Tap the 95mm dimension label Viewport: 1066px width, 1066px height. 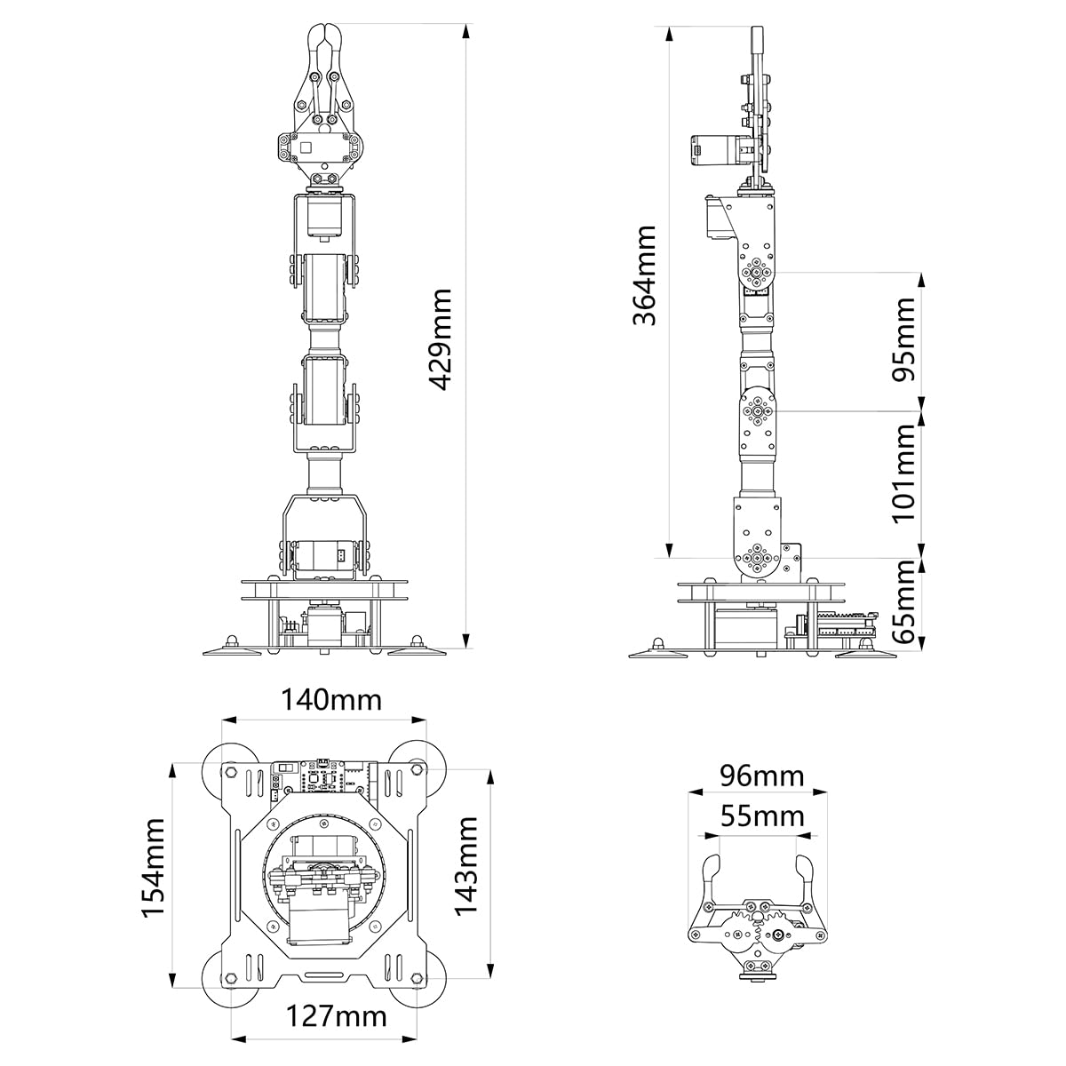click(903, 338)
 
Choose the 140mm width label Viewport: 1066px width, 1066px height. click(331, 700)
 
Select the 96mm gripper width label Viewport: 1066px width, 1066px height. click(761, 776)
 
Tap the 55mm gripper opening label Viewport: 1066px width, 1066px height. click(761, 815)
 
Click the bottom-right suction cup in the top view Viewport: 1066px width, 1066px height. click(413, 983)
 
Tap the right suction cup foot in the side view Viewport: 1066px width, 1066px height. click(864, 655)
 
